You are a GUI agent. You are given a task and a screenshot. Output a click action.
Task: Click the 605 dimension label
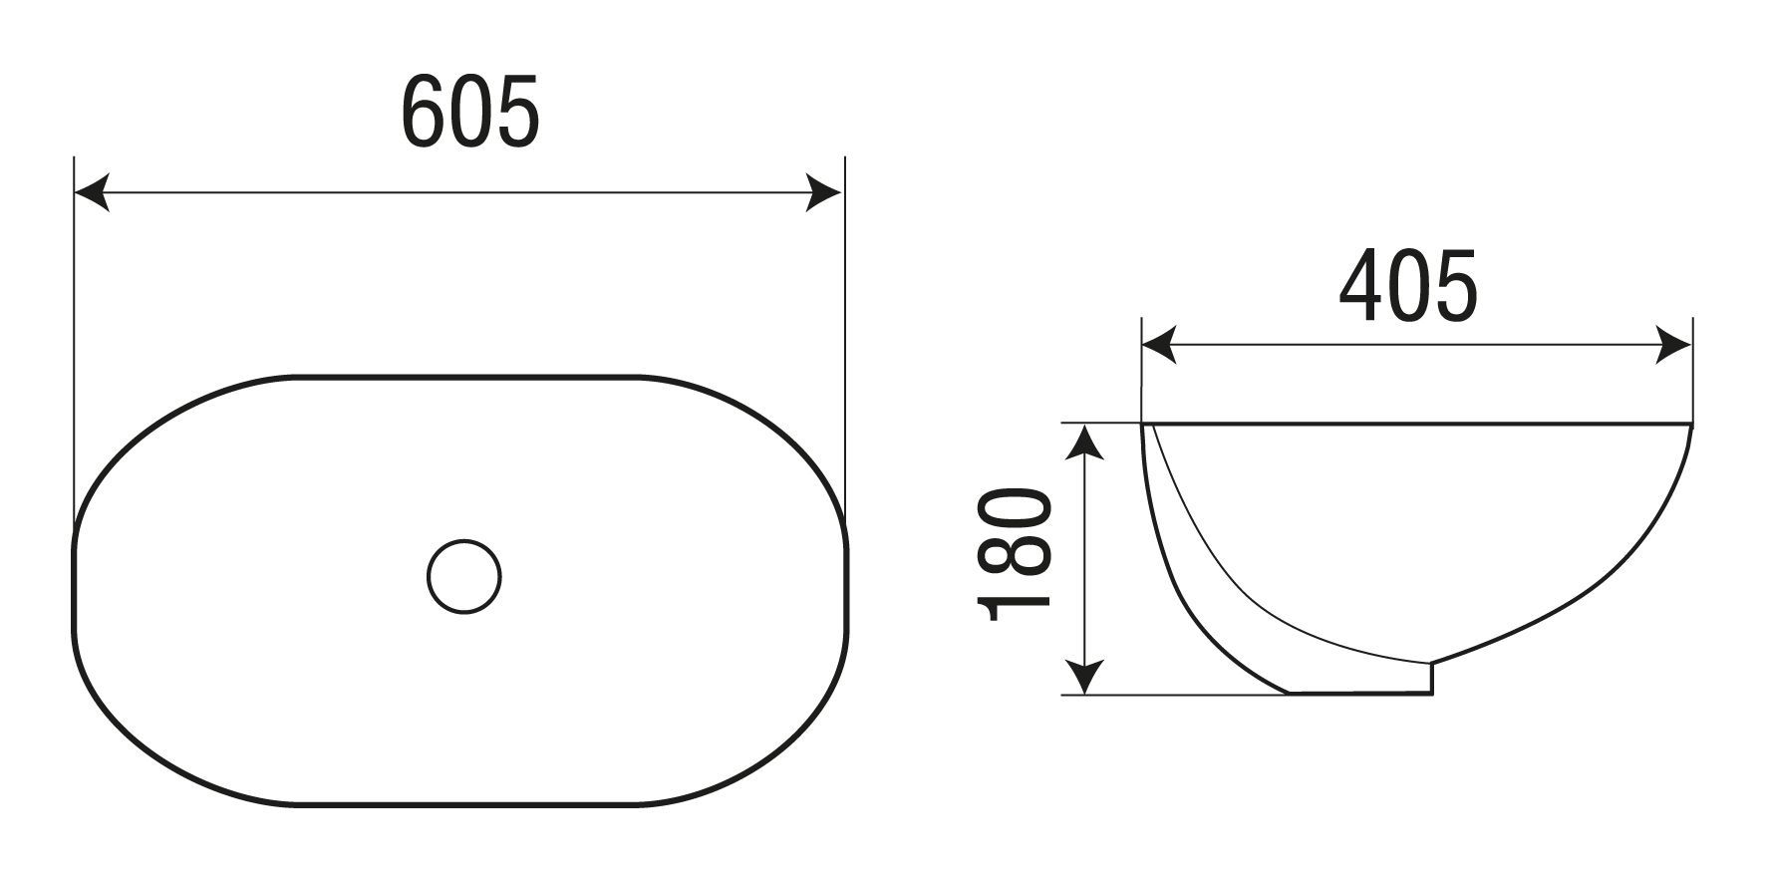pyautogui.click(x=469, y=111)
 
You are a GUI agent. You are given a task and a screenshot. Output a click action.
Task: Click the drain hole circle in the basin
pyautogui.click(x=463, y=576)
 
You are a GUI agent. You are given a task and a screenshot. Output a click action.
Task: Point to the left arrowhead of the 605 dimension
pyautogui.click(x=92, y=192)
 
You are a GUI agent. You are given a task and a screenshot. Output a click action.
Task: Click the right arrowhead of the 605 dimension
pyautogui.click(x=826, y=192)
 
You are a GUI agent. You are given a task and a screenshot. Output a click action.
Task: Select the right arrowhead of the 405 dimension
pyautogui.click(x=1674, y=347)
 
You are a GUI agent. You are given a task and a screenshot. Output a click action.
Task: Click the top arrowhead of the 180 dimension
pyautogui.click(x=1084, y=441)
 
